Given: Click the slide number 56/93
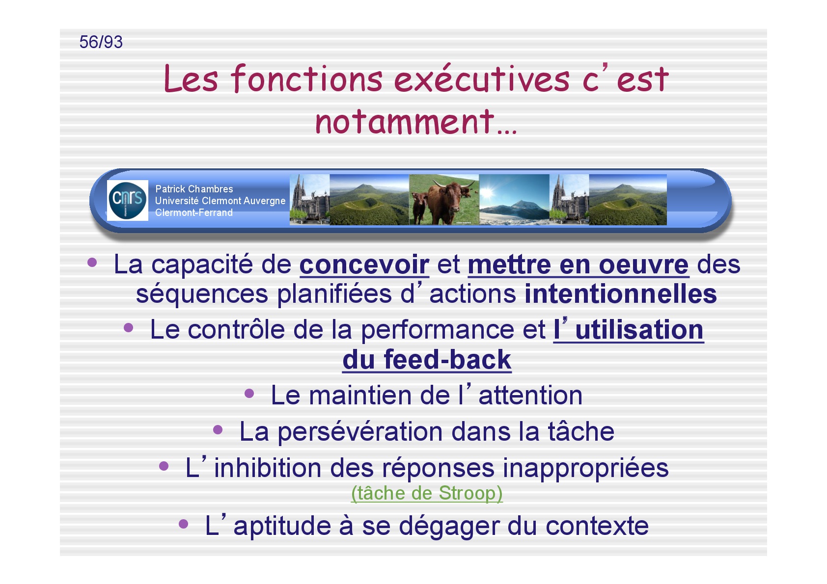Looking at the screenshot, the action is [x=101, y=42].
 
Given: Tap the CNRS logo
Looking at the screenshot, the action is [x=128, y=200].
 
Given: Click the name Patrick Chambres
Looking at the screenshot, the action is [x=194, y=189].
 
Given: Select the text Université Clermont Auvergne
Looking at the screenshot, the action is [x=221, y=201].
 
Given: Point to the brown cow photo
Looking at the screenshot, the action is [x=444, y=200].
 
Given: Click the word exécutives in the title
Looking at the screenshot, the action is [x=481, y=79].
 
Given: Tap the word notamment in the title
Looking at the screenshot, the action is [x=405, y=122].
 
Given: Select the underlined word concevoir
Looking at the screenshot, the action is [x=364, y=265].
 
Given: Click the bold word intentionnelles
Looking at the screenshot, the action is [x=621, y=294].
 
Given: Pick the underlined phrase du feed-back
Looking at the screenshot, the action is [x=427, y=360].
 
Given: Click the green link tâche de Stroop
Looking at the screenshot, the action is [x=427, y=493].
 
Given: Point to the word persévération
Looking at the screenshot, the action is [x=360, y=432].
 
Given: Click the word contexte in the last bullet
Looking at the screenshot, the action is [x=597, y=526].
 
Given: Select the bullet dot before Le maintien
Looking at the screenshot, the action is [x=249, y=394].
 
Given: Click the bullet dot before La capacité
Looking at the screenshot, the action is [x=92, y=263].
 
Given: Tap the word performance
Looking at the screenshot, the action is [x=437, y=330].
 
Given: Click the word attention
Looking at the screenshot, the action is [x=530, y=396].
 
